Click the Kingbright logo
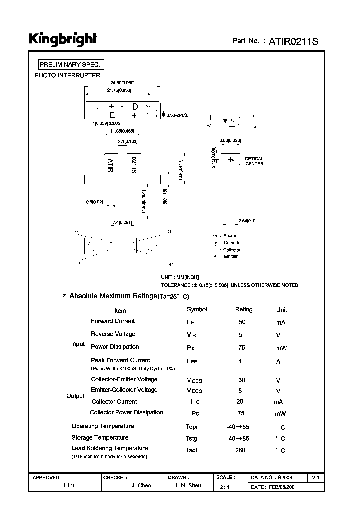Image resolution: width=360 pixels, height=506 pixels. tap(62, 39)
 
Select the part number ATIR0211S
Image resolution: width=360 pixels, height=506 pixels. tap(294, 41)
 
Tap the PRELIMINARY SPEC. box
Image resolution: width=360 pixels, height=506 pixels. tap(71, 65)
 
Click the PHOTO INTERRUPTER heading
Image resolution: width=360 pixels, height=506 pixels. tap(67, 75)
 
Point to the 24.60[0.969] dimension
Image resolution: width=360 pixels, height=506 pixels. tap(122, 83)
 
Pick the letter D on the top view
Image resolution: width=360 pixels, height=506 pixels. tap(135, 106)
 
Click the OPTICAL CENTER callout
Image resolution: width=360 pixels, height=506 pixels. tap(254, 161)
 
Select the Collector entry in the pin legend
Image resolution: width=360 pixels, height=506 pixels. tap(232, 250)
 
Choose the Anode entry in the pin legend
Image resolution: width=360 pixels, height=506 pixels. tap(230, 236)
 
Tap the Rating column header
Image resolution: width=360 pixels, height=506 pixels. tap(244, 310)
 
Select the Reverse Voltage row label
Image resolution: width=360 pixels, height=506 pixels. tap(113, 334)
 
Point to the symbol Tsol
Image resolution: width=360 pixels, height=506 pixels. tap(192, 450)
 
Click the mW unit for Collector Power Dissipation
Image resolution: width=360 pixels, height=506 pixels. tap(280, 414)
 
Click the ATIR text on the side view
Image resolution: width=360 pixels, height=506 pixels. tap(110, 165)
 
